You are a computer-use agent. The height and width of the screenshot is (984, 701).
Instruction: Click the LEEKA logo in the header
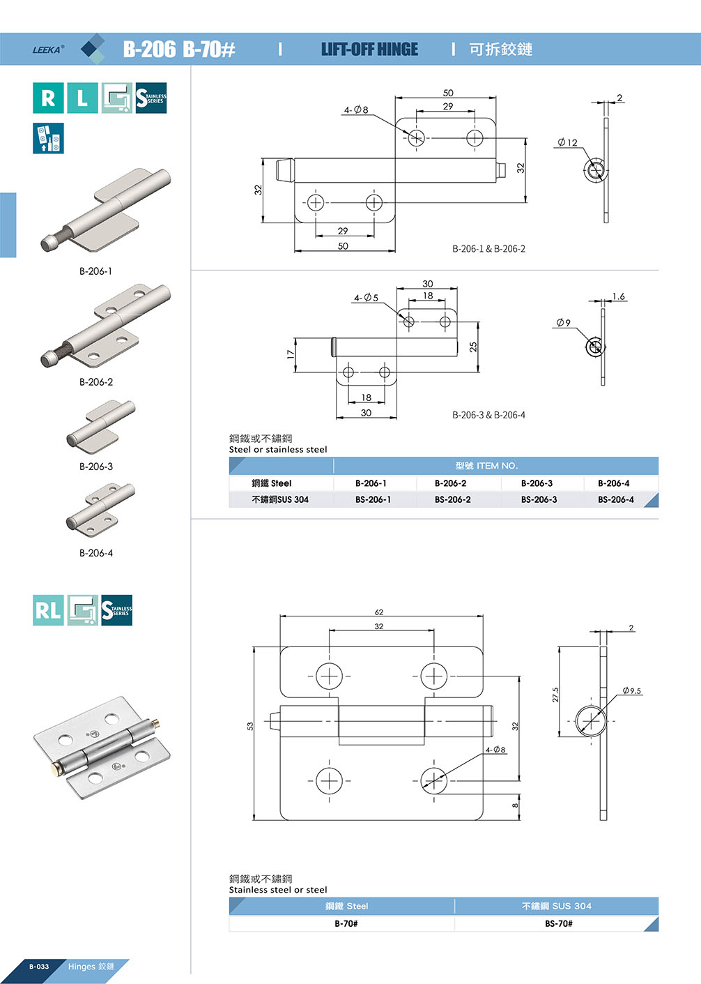pyautogui.click(x=47, y=50)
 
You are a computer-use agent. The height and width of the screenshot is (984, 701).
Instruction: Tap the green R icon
pyautogui.click(x=48, y=98)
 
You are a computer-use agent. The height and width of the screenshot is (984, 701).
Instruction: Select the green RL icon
pyautogui.click(x=48, y=610)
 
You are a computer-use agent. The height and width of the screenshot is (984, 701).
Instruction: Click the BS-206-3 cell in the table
pyautogui.click(x=539, y=500)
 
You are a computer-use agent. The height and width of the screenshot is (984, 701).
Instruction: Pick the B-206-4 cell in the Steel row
pyautogui.click(x=613, y=483)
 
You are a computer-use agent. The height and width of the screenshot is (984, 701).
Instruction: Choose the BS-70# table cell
pyautogui.click(x=558, y=923)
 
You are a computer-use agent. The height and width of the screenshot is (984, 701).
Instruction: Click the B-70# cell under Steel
pyautogui.click(x=346, y=923)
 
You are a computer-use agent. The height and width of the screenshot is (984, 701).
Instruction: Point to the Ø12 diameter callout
pyautogui.click(x=568, y=143)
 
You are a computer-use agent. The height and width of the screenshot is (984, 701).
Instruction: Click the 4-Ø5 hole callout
pyautogui.click(x=366, y=298)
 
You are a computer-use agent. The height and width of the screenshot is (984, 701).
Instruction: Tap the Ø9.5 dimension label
pyautogui.click(x=631, y=691)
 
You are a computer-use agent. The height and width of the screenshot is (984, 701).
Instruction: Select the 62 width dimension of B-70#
pyautogui.click(x=379, y=612)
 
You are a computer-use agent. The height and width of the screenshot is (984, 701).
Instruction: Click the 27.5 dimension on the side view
pyautogui.click(x=555, y=695)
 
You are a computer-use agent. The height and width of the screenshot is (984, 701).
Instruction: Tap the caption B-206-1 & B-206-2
pyautogui.click(x=488, y=249)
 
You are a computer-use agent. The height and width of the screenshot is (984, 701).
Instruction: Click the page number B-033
pyautogui.click(x=39, y=967)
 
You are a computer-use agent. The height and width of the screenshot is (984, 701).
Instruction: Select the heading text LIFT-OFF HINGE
pyautogui.click(x=369, y=50)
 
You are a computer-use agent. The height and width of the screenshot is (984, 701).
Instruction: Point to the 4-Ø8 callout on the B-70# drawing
pyautogui.click(x=495, y=750)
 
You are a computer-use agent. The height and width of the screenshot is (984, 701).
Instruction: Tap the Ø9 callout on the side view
pyautogui.click(x=563, y=323)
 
